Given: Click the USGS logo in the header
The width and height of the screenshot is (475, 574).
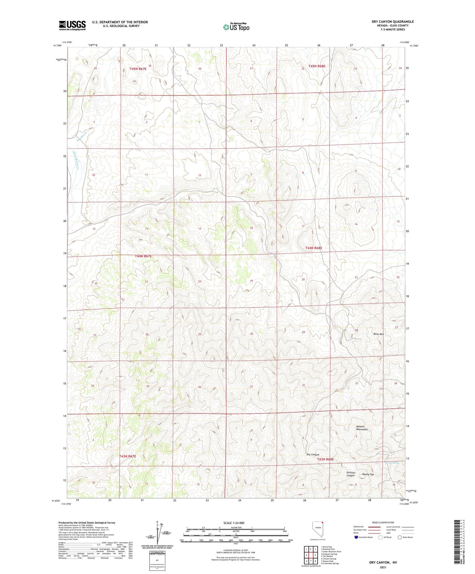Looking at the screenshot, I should coord(72,25).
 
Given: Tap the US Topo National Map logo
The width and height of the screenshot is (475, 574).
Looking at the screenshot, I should coord(236,27).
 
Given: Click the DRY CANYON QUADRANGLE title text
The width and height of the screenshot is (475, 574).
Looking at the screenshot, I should coord(392,22).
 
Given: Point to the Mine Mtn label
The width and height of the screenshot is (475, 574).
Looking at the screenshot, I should coord(378,334).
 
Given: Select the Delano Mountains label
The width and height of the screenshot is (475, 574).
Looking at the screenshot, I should coord(362,428).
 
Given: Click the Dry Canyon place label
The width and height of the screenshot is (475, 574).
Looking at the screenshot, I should coord(313,454).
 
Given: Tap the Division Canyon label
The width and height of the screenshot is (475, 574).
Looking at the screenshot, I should coord(351,474).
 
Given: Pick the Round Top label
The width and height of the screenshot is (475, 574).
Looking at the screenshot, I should coord(368,474).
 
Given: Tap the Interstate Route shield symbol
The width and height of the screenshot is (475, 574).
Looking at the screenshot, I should coord(356,537).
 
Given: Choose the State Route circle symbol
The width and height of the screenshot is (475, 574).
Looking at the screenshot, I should coord(400,537).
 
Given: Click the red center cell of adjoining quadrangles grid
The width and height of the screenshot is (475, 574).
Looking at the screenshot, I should coord(311,555).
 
